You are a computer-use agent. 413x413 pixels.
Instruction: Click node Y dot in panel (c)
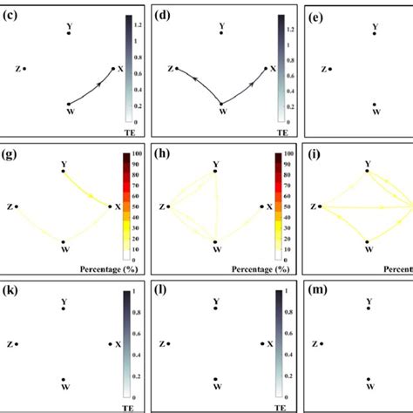point(69,33)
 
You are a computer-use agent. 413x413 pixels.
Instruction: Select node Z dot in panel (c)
point(24,68)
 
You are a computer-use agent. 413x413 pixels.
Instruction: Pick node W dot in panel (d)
point(221,105)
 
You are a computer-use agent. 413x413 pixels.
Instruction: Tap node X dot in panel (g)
point(110,206)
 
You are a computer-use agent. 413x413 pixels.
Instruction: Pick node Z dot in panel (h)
point(168,206)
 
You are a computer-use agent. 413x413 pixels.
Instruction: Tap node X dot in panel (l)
point(261,344)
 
